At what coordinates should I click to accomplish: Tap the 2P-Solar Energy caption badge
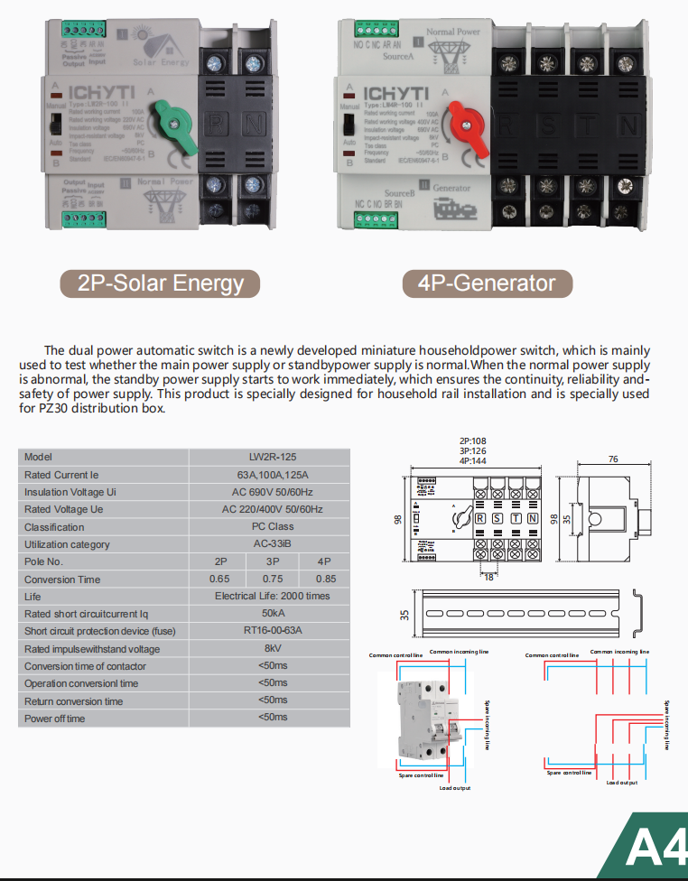point(160,283)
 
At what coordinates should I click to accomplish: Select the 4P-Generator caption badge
point(487,283)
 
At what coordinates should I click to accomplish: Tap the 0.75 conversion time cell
point(272,579)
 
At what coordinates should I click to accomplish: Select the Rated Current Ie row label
point(56,475)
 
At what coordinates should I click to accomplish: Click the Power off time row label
point(55,719)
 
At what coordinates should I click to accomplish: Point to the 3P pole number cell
point(272,561)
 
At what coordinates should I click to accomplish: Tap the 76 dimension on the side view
point(612,459)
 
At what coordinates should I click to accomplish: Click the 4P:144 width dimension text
point(473,460)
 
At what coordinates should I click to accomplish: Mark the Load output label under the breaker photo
point(455,788)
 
